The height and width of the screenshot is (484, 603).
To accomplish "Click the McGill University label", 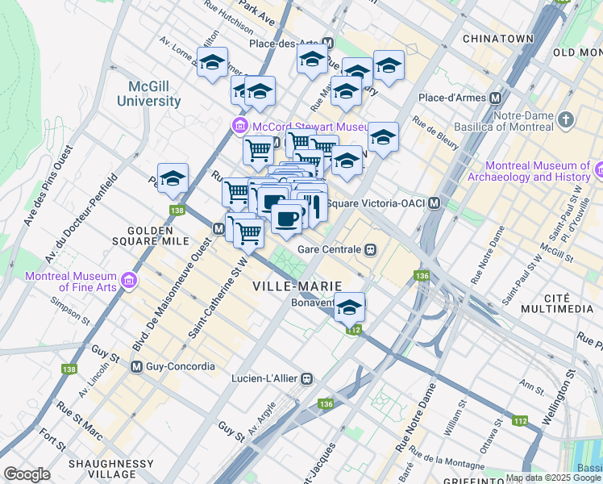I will point(148,94).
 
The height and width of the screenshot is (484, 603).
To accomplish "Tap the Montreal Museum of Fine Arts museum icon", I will point(128,282).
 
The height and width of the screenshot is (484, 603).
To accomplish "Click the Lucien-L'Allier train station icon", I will point(306,378).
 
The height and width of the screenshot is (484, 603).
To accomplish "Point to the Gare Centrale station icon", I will point(371,249).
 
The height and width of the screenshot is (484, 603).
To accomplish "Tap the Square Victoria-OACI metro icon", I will point(435,202).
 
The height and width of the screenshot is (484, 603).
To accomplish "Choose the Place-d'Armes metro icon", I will point(495,98).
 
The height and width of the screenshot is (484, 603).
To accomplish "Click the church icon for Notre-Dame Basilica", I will point(567,121).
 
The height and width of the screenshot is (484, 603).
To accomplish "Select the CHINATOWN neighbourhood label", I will point(498,38).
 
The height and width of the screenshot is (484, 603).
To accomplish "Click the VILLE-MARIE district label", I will point(297,286).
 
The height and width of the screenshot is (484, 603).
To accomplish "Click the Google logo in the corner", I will point(27,474).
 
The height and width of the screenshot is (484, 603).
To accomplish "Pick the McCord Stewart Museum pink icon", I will point(239,127).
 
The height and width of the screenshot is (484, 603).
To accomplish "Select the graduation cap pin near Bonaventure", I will point(349,308).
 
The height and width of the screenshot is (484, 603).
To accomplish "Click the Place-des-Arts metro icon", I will point(327,44).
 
